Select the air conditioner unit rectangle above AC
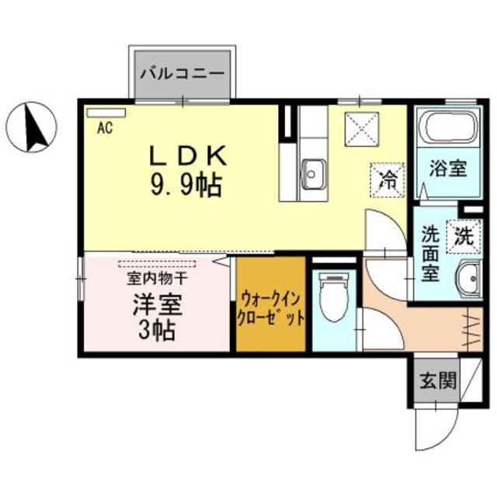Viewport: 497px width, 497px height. point(106,113)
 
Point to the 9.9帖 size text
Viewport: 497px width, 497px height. point(187,185)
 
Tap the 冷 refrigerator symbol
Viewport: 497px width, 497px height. point(386,180)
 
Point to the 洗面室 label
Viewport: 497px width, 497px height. point(431,252)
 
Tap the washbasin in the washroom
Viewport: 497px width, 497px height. point(467,280)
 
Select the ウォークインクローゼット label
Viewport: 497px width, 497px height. point(270,308)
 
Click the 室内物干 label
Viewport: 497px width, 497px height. point(156,276)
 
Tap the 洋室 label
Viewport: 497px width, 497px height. point(156,301)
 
